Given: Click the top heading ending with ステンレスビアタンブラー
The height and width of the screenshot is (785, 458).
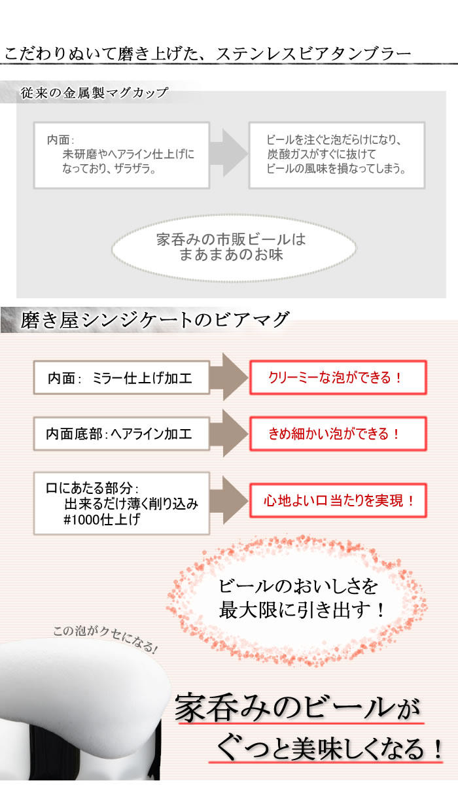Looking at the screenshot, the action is coord(207,54).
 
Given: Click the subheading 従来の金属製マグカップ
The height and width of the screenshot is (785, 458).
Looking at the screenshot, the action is coord(94,93).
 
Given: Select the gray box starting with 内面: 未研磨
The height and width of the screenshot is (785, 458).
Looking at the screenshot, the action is coord(122,155).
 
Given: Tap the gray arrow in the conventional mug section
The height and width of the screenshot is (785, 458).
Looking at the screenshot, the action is coord(229,152).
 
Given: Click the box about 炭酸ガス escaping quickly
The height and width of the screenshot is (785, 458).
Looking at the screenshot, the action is coord(337,155).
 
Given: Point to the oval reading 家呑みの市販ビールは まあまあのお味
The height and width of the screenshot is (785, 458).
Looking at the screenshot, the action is coord(234,248).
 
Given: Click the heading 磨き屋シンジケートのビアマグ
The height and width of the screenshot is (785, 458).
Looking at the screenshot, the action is coord(154,320).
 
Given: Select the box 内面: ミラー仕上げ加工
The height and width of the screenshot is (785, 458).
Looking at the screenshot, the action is coord(122,378).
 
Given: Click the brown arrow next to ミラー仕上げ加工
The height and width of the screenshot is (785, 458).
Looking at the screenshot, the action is coord(229,377).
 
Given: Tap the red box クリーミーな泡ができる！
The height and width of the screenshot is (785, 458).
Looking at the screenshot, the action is coord(338,377).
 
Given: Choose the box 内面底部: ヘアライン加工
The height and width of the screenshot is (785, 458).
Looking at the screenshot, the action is coord(122,434).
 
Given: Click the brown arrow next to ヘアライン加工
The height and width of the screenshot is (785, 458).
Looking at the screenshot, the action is coord(229,434).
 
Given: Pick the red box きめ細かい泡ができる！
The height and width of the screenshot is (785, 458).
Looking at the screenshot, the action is coord(338,434).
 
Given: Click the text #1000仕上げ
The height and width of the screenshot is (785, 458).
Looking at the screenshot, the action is coord(101,519).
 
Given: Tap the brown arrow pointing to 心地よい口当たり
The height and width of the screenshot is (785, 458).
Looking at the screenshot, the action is coord(229,500).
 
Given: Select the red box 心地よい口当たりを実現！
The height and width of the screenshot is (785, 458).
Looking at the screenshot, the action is coord(338,500).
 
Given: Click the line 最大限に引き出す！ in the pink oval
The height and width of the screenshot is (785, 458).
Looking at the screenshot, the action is coord(302,610).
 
